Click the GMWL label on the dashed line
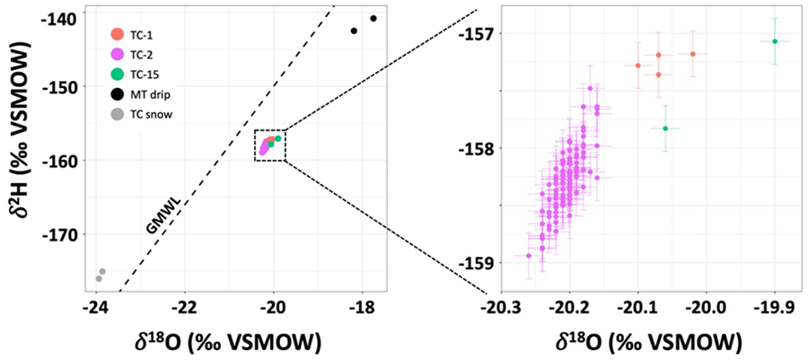(x=158, y=215)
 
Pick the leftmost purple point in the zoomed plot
(x=528, y=256)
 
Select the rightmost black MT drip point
(x=373, y=19)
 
